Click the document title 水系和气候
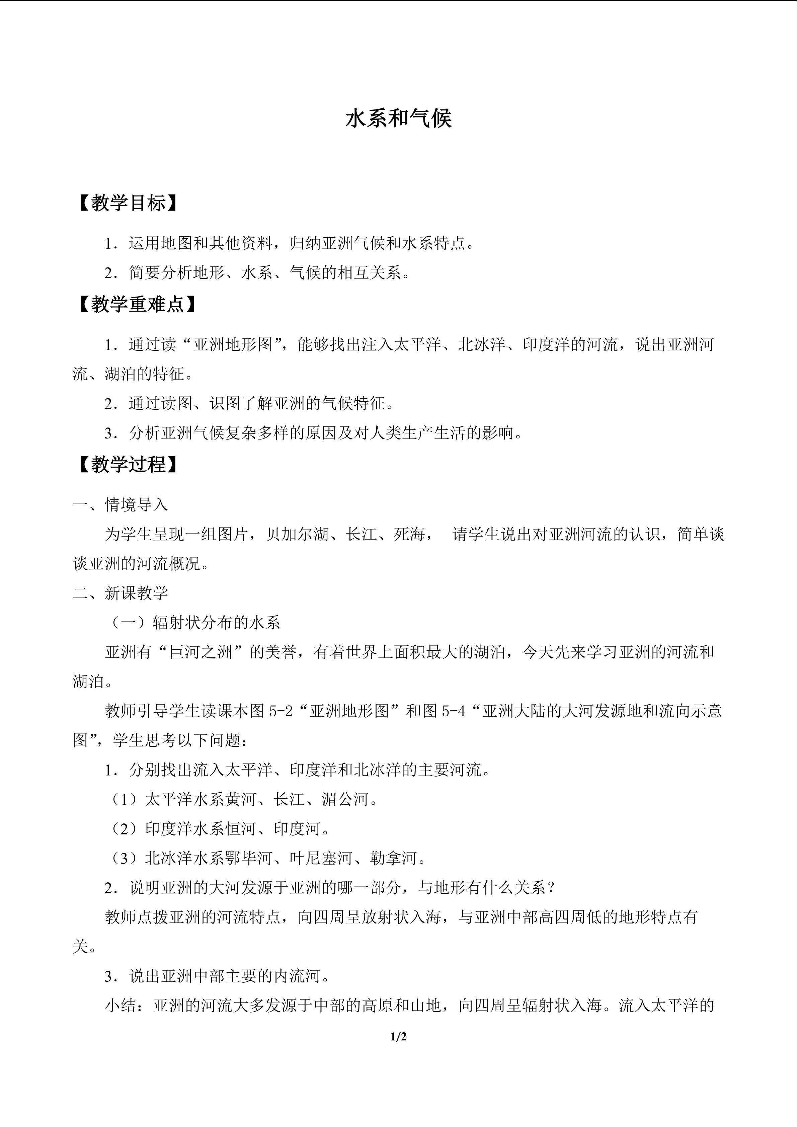click(x=398, y=119)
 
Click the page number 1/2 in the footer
click(x=398, y=1037)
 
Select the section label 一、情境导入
click(x=120, y=505)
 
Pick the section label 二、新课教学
click(x=120, y=593)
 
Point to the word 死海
click(x=409, y=534)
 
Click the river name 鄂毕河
click(x=249, y=858)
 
